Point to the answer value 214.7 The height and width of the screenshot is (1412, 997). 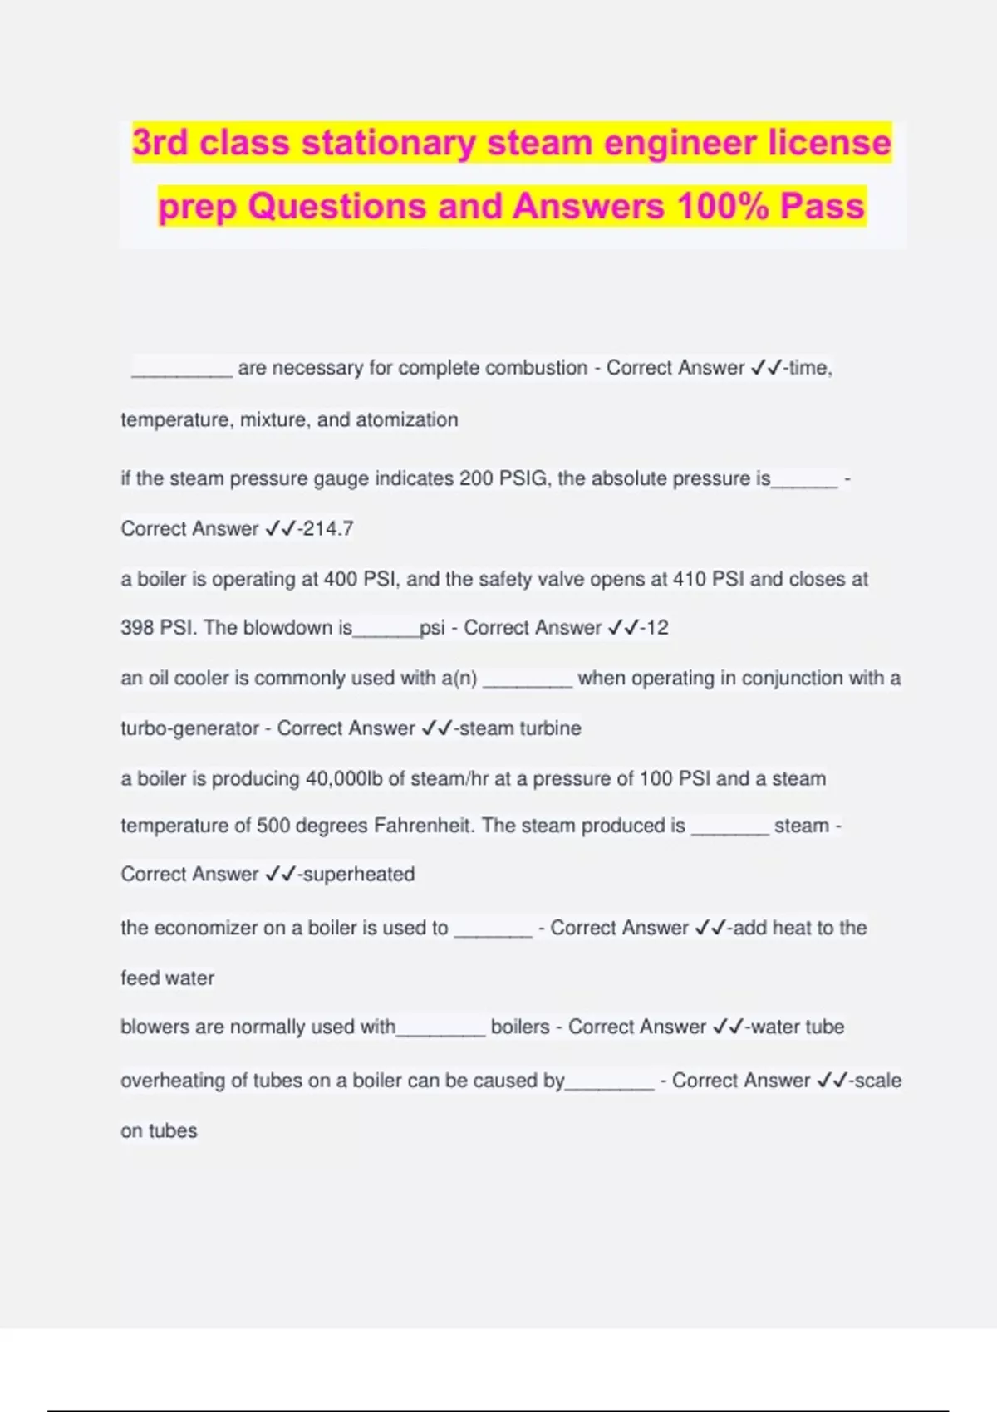tap(329, 529)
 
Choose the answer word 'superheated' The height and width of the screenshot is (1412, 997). tap(359, 875)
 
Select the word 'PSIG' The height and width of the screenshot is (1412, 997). tap(523, 479)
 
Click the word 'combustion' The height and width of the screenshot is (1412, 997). tap(536, 368)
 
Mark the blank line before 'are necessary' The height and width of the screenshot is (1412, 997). tap(181, 371)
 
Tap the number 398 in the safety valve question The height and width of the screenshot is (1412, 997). tap(136, 628)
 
